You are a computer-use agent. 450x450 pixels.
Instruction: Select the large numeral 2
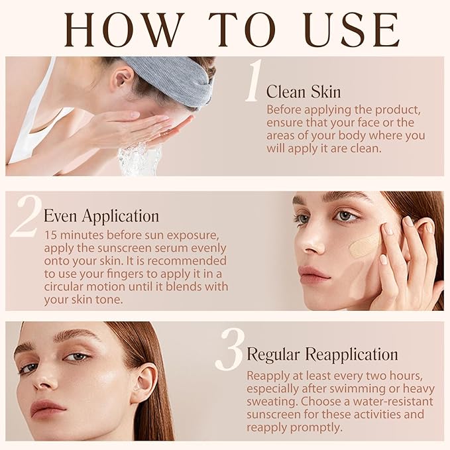[x=25, y=215]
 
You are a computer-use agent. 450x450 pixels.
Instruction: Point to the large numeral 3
[x=230, y=349]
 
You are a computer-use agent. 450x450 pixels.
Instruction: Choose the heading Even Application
[x=101, y=216]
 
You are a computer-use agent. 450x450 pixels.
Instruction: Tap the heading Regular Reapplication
[x=322, y=354]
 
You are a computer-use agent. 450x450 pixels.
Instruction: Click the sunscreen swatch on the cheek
[x=365, y=245]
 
